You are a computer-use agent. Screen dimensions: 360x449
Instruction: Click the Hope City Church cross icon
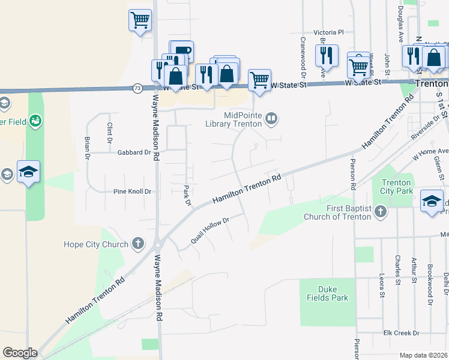[138, 244]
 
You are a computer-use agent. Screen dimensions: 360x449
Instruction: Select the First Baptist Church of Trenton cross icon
[380, 211]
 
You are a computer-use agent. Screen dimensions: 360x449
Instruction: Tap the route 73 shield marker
[137, 88]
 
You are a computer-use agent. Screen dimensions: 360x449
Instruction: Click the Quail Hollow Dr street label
[209, 230]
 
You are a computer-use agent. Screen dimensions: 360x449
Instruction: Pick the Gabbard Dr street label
[134, 152]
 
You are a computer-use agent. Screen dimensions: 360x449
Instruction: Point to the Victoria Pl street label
[328, 32]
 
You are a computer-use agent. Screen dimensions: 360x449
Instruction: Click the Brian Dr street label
[87, 147]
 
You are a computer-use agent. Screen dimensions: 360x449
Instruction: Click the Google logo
[20, 353]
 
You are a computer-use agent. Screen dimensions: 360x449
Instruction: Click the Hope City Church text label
[96, 244]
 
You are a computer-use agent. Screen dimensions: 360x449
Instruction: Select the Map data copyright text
[423, 355]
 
